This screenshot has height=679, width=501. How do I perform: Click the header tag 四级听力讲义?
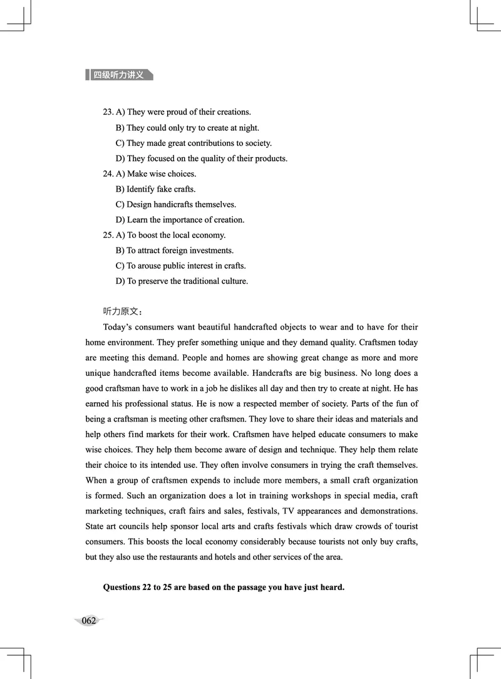click(119, 75)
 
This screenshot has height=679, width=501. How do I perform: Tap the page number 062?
click(88, 621)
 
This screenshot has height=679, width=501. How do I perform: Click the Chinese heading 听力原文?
click(123, 311)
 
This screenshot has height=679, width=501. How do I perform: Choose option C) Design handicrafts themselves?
click(175, 204)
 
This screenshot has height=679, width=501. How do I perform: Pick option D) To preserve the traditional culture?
click(182, 281)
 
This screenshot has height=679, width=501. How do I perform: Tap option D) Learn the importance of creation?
click(180, 220)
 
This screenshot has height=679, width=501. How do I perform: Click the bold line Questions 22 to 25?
click(224, 588)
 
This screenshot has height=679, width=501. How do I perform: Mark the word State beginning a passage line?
click(95, 526)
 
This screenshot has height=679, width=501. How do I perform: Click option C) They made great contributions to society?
click(194, 143)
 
